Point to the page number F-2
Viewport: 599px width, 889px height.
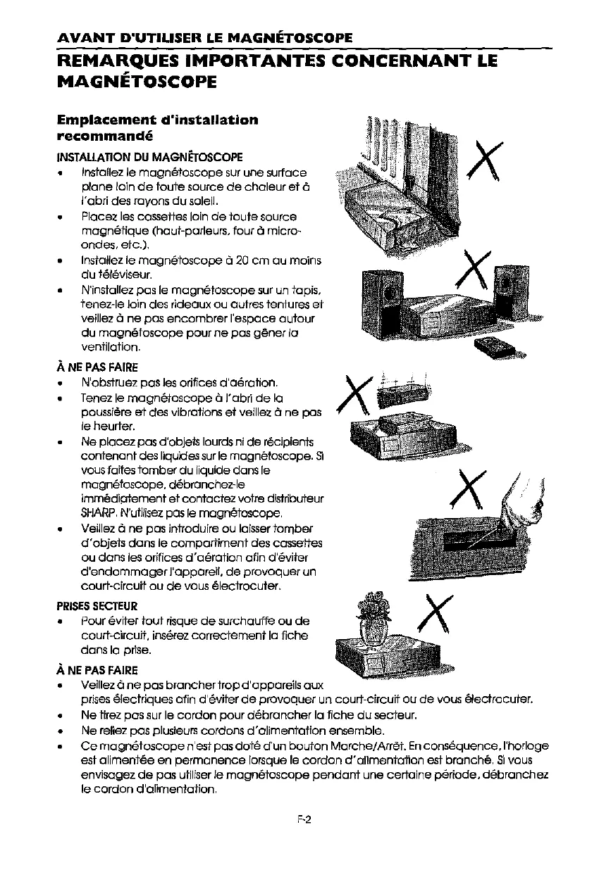(304, 819)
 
